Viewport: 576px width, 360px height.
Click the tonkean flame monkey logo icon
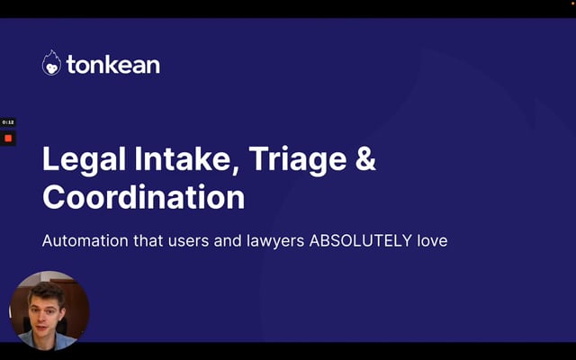point(51,63)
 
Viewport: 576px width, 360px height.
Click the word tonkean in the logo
point(113,65)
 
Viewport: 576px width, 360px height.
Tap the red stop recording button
point(8,139)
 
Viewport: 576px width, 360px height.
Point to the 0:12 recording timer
point(8,122)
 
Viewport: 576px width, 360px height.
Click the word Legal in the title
point(85,159)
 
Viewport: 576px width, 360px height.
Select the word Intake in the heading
point(186,158)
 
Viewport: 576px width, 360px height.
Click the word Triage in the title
point(298,159)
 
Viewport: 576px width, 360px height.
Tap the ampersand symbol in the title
point(365,158)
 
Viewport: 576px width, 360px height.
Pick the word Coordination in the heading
point(144,197)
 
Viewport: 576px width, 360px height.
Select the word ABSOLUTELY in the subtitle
point(361,241)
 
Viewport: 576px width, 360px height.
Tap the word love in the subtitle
point(432,241)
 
